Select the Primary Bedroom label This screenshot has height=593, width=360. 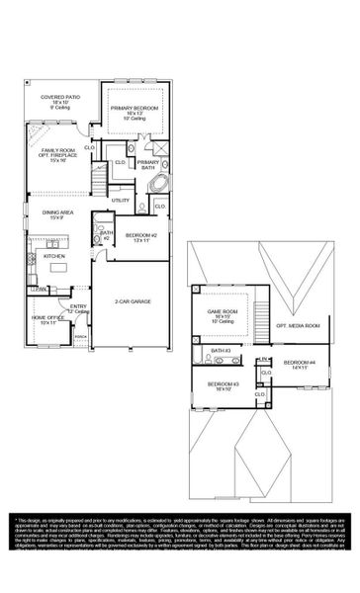tap(136, 108)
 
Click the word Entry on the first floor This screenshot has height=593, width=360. tap(78, 308)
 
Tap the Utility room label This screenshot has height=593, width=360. tap(121, 201)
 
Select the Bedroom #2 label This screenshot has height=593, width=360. tap(137, 236)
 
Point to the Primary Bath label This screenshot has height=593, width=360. tap(147, 165)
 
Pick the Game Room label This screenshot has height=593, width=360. tap(220, 316)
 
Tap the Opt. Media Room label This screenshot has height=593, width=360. tap(297, 325)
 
